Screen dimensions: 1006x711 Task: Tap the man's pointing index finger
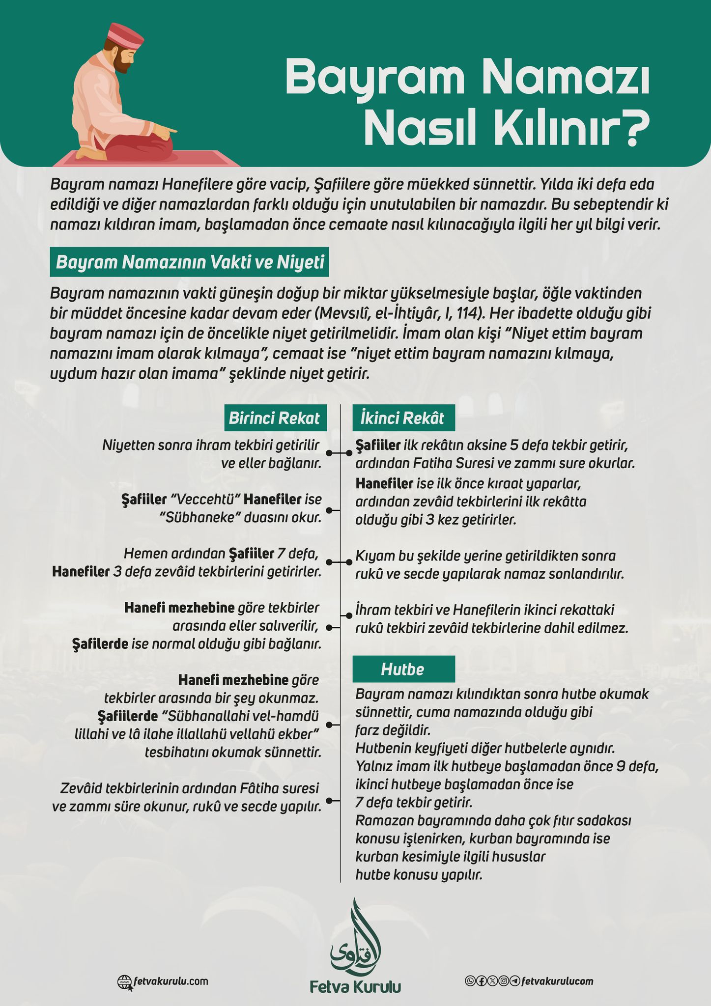pos(172,131)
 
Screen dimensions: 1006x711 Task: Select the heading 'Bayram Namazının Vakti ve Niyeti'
pos(190,262)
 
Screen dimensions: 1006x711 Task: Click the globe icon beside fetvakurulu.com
pos(124,981)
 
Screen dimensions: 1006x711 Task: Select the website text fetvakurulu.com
pos(171,981)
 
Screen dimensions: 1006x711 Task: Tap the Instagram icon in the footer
pos(504,981)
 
